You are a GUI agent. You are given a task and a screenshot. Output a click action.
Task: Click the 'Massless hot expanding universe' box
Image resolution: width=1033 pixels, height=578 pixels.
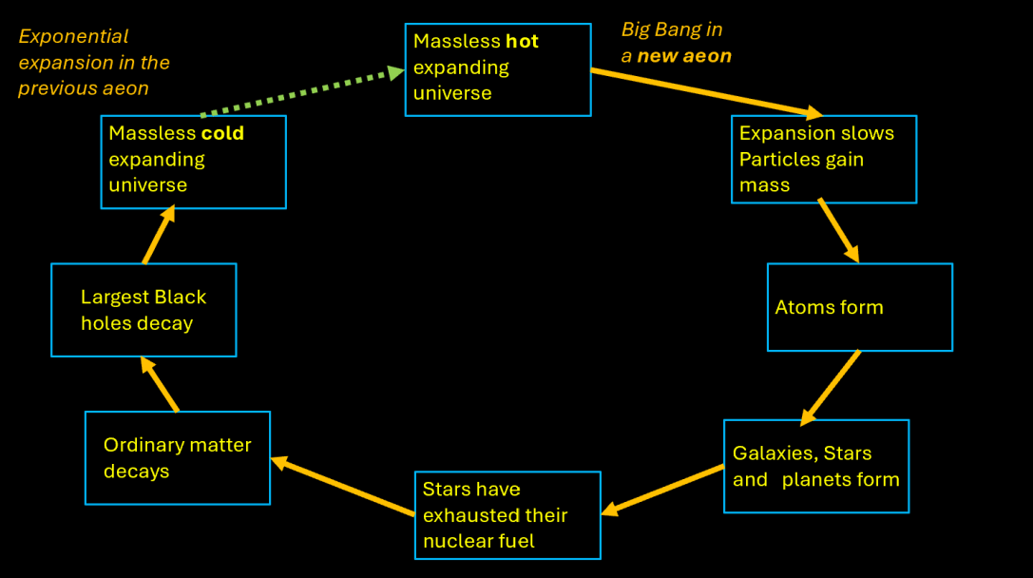tap(498, 68)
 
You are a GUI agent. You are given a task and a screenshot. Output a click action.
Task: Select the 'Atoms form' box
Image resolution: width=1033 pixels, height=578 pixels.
tap(859, 307)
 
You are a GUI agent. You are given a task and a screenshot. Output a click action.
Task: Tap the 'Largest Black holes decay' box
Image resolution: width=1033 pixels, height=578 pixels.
tap(143, 310)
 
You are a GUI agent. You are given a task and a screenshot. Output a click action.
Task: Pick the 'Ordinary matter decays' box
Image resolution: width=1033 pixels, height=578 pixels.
tap(178, 457)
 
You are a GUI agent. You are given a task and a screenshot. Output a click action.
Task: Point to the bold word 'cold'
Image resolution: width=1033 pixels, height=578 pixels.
tap(222, 133)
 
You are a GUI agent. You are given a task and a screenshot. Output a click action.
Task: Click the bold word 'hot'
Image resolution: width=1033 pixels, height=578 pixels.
tap(522, 42)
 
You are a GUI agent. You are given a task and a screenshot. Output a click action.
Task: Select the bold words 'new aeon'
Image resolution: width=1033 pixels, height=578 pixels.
tap(684, 56)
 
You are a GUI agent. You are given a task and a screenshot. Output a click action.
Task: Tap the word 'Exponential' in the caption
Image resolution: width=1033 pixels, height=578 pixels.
tap(73, 36)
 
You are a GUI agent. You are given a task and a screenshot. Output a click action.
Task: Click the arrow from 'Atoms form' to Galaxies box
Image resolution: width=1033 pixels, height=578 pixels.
tap(831, 388)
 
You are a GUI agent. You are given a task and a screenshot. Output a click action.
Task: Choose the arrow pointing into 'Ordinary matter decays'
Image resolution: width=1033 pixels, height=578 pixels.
tap(343, 486)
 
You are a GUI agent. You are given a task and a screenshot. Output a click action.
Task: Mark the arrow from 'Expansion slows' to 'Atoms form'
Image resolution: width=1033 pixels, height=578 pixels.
tap(838, 230)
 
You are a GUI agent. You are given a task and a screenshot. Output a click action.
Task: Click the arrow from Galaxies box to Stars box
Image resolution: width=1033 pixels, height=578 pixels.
tap(663, 489)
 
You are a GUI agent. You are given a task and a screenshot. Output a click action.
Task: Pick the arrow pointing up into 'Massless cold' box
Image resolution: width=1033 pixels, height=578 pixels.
tap(160, 235)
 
